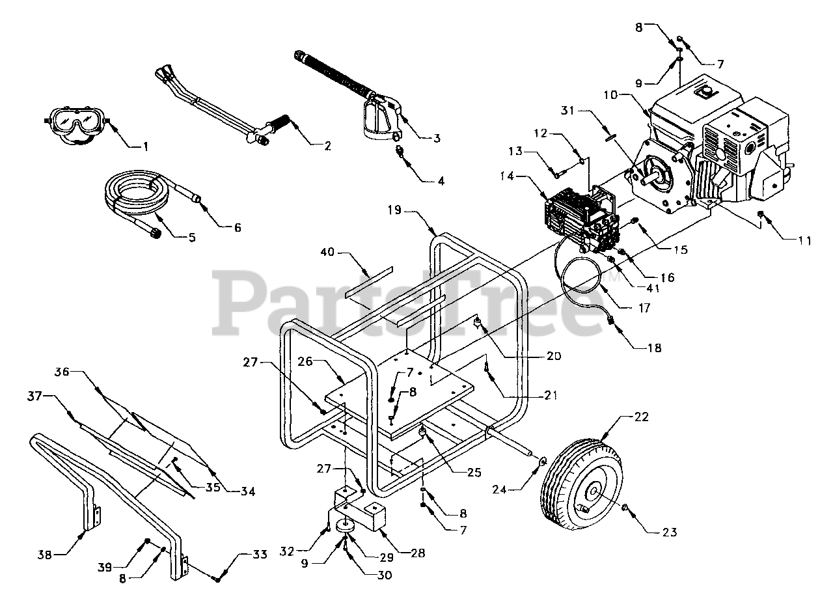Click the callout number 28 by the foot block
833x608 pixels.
click(x=417, y=553)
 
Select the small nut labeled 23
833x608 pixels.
click(x=625, y=508)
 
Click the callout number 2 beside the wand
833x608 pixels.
click(x=323, y=146)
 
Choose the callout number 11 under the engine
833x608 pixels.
click(x=804, y=241)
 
